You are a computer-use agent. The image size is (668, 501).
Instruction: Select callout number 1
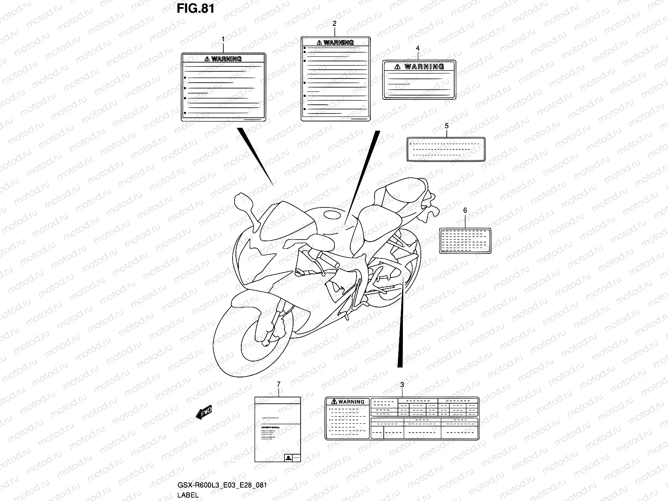(223, 39)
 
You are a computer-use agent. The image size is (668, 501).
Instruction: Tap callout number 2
(334, 23)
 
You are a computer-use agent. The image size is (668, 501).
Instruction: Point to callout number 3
(402, 384)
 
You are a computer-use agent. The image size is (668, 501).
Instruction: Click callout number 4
(417, 48)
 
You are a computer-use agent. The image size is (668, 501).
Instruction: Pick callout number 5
(446, 125)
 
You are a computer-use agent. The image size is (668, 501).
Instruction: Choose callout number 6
(465, 210)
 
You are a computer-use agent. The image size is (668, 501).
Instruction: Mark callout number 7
(278, 384)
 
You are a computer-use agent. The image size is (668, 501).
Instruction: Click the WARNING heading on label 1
(223, 59)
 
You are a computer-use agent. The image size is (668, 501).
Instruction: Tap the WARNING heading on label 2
(335, 42)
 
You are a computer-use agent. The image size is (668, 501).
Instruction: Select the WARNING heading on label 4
(419, 66)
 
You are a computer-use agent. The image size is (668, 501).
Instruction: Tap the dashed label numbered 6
(465, 240)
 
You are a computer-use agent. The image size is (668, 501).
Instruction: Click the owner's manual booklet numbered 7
(278, 434)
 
